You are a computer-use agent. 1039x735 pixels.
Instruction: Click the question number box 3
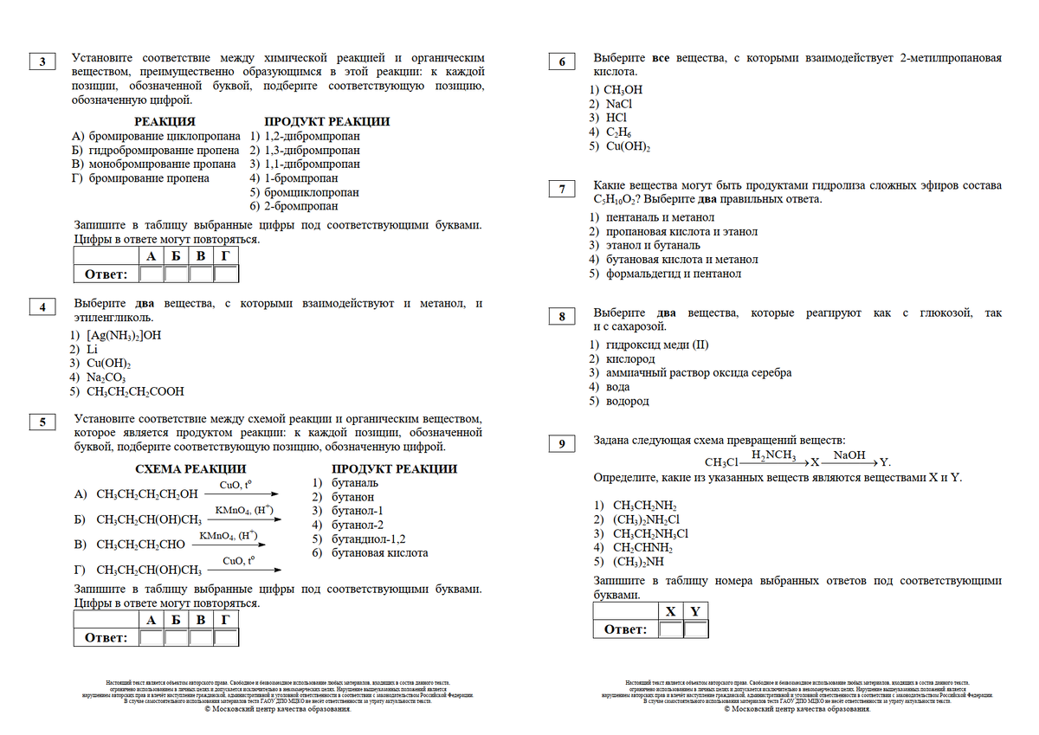pos(42,61)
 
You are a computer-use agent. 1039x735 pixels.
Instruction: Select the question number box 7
pos(562,190)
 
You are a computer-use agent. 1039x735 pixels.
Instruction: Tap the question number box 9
pos(562,444)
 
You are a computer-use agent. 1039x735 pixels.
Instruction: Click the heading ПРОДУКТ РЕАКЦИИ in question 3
pos(326,122)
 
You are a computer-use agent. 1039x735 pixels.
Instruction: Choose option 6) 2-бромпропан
pos(294,206)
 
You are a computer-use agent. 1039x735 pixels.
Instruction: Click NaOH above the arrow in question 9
pos(849,455)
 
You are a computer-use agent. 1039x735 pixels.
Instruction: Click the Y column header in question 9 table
pos(694,611)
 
